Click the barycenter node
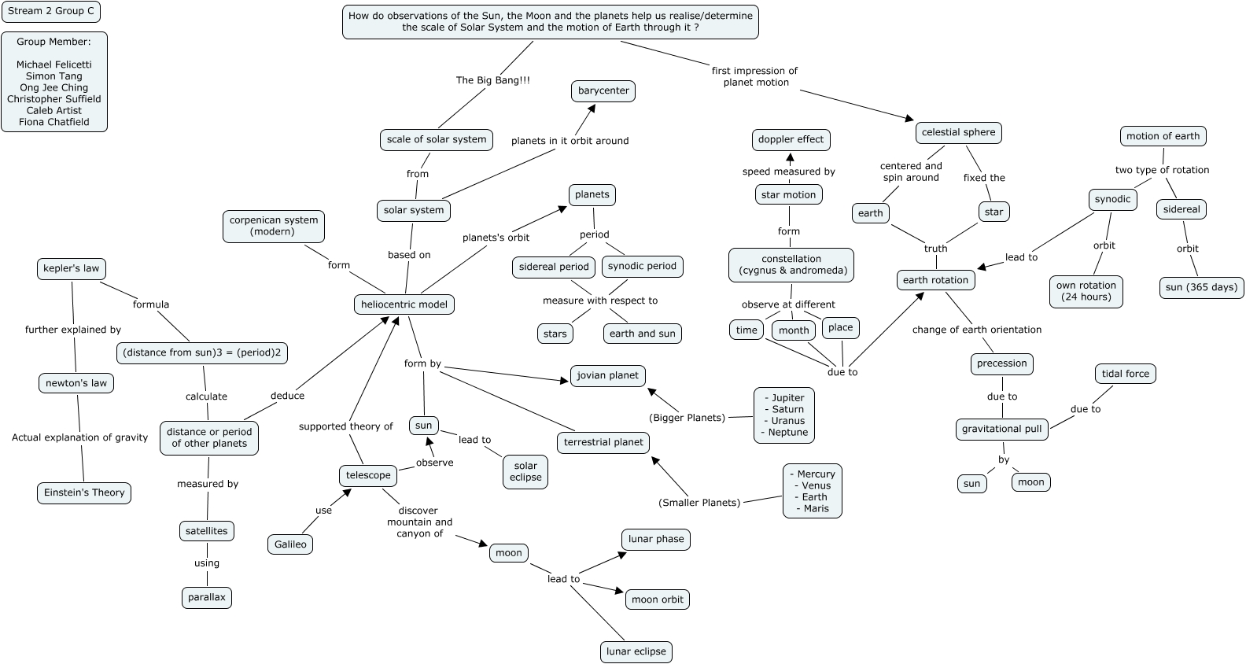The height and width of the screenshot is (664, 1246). tap(603, 90)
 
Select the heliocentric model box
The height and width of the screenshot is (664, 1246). tap(404, 304)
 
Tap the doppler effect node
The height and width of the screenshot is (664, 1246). tap(791, 139)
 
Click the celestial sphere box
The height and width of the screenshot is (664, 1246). tap(958, 132)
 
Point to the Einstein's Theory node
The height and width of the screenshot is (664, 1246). tap(84, 492)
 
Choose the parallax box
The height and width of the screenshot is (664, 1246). tap(207, 597)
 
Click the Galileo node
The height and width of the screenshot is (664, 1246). tap(290, 544)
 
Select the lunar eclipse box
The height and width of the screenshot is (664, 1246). tap(636, 651)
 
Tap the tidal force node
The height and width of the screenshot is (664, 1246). tap(1125, 374)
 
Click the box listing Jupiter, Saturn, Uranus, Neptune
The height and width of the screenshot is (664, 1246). tap(784, 415)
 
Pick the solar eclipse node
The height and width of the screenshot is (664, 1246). tap(525, 471)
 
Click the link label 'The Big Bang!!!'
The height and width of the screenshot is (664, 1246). tap(493, 80)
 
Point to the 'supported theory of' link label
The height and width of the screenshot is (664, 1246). tap(345, 426)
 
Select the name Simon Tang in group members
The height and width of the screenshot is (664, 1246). tap(54, 76)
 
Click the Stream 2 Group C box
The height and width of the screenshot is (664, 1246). tap(50, 11)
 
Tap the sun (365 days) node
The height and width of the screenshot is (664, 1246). tap(1201, 287)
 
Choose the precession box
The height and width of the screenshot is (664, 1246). tap(1001, 363)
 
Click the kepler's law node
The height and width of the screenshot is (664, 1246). tap(72, 268)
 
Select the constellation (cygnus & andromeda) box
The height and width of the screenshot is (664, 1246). tap(791, 264)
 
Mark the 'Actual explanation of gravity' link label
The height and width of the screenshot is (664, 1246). tap(79, 437)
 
